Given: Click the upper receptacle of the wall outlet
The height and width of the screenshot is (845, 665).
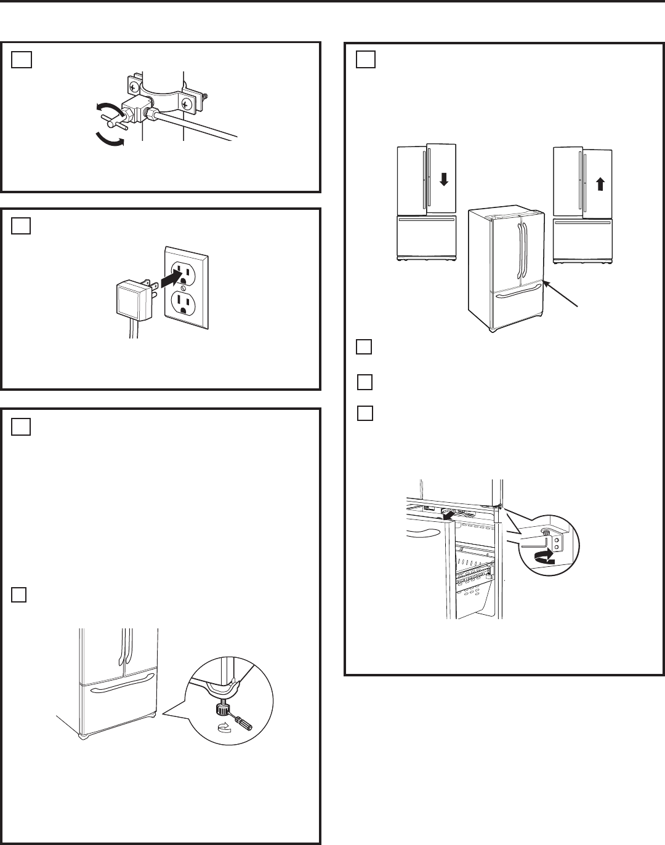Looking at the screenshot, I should (183, 270).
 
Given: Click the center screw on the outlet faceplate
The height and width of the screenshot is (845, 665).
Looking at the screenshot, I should (183, 288).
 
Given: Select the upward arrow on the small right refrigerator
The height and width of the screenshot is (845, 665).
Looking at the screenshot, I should (601, 182).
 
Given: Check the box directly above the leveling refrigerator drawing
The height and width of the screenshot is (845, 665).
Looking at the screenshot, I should (19, 595).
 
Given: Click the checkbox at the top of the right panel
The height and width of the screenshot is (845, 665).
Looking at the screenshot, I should (365, 59).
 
